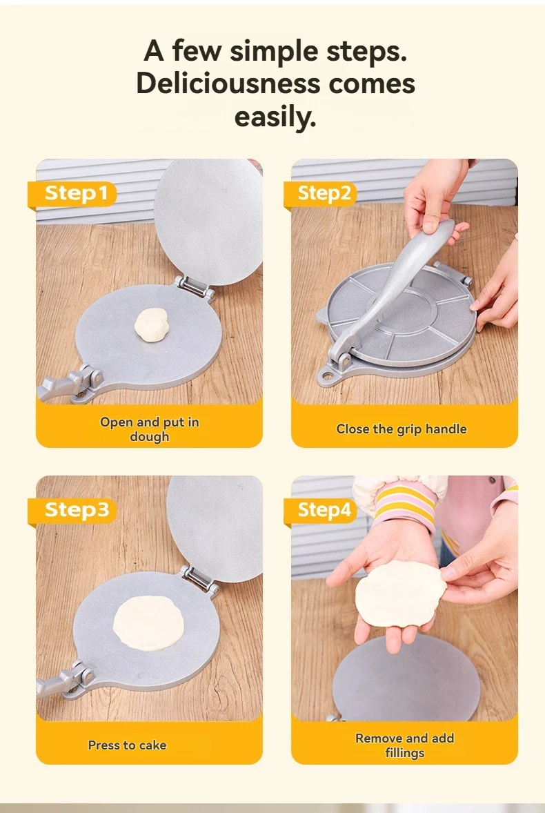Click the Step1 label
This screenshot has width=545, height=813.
pyautogui.click(x=76, y=193)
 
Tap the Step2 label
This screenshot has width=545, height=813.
pyautogui.click(x=324, y=193)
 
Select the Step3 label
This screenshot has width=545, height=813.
pyautogui.click(x=77, y=510)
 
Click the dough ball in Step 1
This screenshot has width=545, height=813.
pyautogui.click(x=152, y=324)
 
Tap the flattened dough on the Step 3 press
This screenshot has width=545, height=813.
pyautogui.click(x=148, y=623)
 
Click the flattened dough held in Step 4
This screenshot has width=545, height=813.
pyautogui.click(x=400, y=593)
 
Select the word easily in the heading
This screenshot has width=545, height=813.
pyautogui.click(x=275, y=117)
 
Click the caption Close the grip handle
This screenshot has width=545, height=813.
pyautogui.click(x=402, y=429)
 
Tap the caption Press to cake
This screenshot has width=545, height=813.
pyautogui.click(x=128, y=745)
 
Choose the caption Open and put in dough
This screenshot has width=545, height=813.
pyautogui.click(x=149, y=429)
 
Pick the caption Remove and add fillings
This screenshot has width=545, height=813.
pyautogui.click(x=404, y=745)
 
